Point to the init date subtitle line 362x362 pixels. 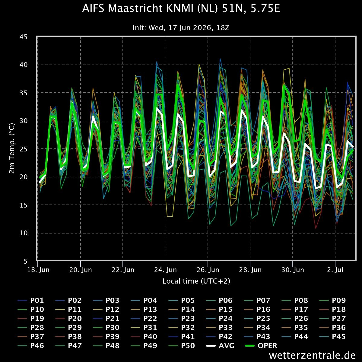click(x=181, y=28)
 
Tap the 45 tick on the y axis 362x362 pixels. click(x=24, y=37)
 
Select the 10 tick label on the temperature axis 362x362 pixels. click(x=24, y=233)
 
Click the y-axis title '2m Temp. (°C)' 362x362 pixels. click(x=12, y=148)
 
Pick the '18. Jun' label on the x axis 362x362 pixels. click(x=38, y=270)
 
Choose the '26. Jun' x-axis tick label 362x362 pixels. click(x=208, y=270)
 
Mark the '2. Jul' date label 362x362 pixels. click(x=335, y=270)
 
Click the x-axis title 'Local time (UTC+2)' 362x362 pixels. click(x=196, y=281)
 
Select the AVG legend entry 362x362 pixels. click(x=220, y=346)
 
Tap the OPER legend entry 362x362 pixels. click(x=261, y=346)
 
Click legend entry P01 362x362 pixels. click(x=31, y=300)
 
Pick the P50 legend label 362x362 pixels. click(x=182, y=346)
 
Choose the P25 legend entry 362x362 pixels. click(x=257, y=319)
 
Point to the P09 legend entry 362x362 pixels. click(x=332, y=300)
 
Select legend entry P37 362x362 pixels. click(x=31, y=337)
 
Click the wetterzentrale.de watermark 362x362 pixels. click(x=312, y=355)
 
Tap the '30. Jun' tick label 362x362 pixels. click(x=293, y=270)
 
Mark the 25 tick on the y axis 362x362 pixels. click(x=24, y=149)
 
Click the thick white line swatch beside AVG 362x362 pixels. click(x=211, y=346)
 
